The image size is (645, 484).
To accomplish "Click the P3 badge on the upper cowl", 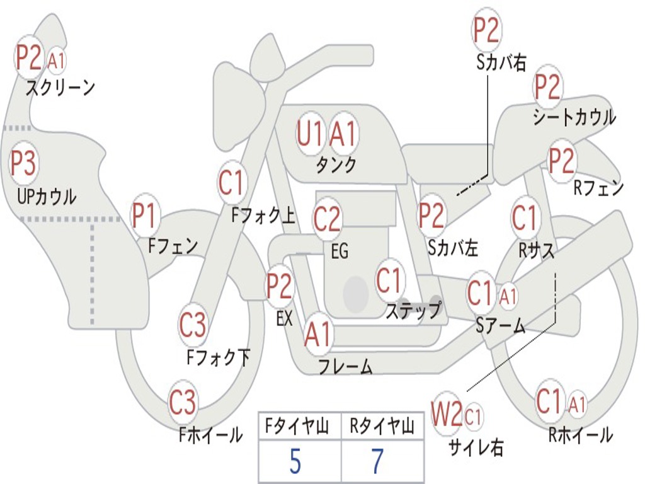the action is [x=23, y=163].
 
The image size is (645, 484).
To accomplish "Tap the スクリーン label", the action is [x=60, y=87].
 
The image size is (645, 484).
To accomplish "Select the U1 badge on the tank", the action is [x=309, y=134].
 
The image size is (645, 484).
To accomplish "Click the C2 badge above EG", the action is [x=328, y=218].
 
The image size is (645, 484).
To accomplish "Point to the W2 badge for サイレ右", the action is [x=447, y=413].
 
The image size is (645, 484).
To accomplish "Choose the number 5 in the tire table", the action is [x=295, y=461].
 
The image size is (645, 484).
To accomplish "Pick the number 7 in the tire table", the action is [x=377, y=461].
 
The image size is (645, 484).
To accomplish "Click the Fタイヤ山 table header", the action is [x=297, y=426].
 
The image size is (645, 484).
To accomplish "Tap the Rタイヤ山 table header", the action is [x=382, y=426].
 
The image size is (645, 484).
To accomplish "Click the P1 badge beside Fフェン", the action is [x=145, y=215].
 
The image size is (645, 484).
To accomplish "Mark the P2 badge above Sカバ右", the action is [x=486, y=30].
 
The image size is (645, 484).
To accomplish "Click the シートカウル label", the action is [x=574, y=117].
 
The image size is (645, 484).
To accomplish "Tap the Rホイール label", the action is [x=580, y=435].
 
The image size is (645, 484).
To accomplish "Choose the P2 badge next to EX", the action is [x=280, y=285].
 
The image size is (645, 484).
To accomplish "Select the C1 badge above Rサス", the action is [x=525, y=217].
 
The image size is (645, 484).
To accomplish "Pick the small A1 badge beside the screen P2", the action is [x=56, y=61].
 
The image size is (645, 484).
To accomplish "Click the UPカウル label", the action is [x=47, y=197].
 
